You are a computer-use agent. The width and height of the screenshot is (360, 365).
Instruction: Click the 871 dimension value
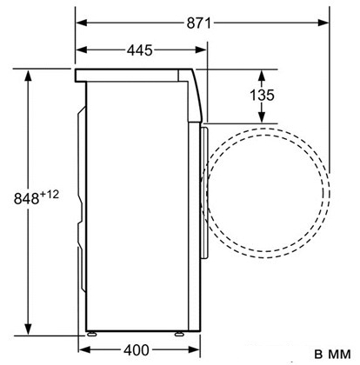click(199, 23)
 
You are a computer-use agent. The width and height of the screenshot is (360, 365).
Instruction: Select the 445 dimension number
click(140, 50)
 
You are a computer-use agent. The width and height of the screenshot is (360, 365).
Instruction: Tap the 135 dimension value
click(262, 95)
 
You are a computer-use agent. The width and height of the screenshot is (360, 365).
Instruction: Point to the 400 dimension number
click(137, 350)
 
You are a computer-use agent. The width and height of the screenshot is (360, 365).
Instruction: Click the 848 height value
click(26, 198)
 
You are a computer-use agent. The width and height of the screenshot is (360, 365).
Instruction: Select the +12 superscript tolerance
click(50, 194)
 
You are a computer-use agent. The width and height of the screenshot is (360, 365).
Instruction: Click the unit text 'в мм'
click(332, 354)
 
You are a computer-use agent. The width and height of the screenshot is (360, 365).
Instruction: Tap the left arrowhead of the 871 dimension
click(82, 23)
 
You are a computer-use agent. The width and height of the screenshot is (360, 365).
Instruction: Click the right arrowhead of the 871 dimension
click(323, 23)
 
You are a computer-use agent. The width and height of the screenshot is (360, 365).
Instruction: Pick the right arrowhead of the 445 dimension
click(201, 50)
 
